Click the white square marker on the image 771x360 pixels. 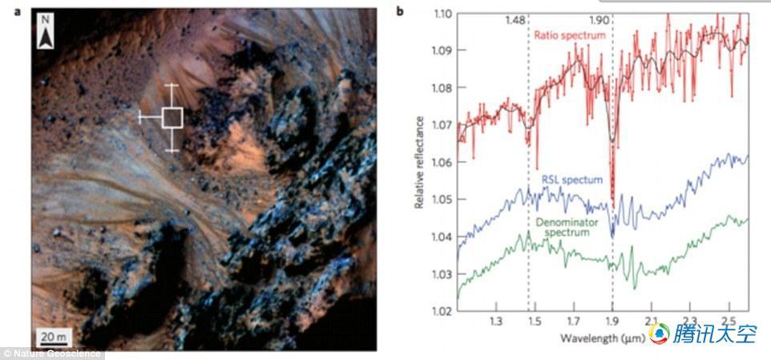click(x=172, y=118)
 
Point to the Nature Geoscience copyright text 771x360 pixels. click(x=53, y=353)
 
